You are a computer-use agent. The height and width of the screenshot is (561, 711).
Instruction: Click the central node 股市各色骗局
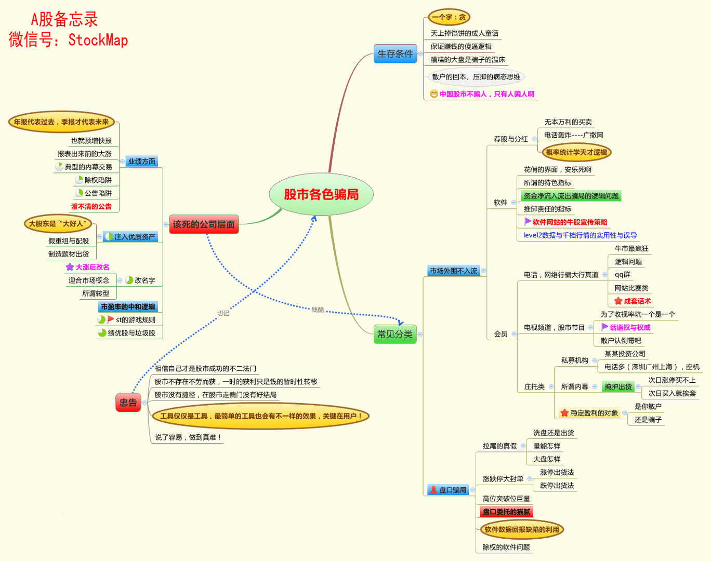point(321,194)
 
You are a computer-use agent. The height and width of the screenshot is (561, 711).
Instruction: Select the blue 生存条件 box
point(395,54)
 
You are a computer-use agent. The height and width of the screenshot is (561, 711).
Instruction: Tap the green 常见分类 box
point(395,334)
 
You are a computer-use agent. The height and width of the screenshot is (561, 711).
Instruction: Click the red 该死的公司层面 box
point(204,224)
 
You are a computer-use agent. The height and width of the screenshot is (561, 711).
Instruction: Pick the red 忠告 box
point(128,403)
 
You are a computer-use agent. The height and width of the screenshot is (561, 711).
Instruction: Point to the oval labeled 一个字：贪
point(449,17)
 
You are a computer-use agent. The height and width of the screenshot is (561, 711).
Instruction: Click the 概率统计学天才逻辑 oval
point(576,152)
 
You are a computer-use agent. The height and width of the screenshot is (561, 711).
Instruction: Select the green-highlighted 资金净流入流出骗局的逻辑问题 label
point(571,196)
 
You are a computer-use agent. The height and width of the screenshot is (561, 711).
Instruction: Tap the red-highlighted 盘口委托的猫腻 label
point(506,512)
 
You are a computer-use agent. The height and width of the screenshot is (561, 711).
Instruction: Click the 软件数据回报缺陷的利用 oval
point(521,530)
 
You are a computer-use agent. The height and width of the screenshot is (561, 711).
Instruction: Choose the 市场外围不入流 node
point(453,271)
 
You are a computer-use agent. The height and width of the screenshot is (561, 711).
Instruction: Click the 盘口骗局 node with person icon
point(448,490)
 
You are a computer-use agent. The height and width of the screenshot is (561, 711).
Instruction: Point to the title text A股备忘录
point(64,20)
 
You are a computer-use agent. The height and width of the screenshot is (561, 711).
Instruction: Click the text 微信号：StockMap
point(68,40)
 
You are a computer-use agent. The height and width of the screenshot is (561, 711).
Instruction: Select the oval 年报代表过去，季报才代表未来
point(61,122)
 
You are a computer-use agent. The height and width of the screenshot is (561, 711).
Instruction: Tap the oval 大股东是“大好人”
point(58,224)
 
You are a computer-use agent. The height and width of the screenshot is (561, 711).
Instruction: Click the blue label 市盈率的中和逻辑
point(128,306)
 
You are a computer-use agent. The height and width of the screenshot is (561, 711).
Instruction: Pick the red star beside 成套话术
point(618,301)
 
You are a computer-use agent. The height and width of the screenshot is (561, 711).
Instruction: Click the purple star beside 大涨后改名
point(70,267)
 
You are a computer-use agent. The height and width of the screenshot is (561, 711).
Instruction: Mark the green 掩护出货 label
point(618,386)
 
